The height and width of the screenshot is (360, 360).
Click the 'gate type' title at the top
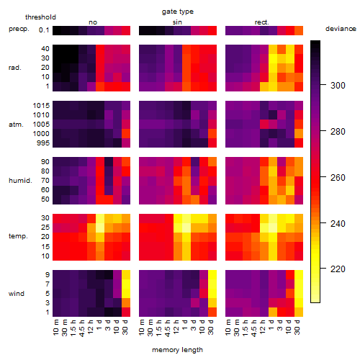(178, 12)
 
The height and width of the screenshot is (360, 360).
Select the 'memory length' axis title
(177, 350)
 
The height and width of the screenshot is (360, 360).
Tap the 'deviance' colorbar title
(341, 29)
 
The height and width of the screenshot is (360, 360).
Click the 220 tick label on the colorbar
(338, 269)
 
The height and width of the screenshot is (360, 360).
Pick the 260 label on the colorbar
(338, 178)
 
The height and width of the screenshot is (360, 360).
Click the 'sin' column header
(177, 22)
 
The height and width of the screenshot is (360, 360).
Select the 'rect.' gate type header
(262, 22)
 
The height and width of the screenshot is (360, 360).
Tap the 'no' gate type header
(93, 22)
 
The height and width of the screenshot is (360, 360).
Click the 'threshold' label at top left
(40, 17)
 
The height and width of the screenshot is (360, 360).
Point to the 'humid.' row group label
(20, 181)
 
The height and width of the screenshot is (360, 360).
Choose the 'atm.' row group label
(16, 125)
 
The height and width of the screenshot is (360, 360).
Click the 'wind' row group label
(17, 294)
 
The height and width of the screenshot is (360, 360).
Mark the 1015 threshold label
(41, 106)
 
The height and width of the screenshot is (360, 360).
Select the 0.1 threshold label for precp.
(44, 30)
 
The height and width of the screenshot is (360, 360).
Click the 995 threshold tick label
(43, 143)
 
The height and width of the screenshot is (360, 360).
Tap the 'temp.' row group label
(18, 236)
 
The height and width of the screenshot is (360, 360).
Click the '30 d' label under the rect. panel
(297, 327)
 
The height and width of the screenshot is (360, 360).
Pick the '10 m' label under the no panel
(55, 328)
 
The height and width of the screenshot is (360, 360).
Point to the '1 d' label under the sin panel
(185, 325)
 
